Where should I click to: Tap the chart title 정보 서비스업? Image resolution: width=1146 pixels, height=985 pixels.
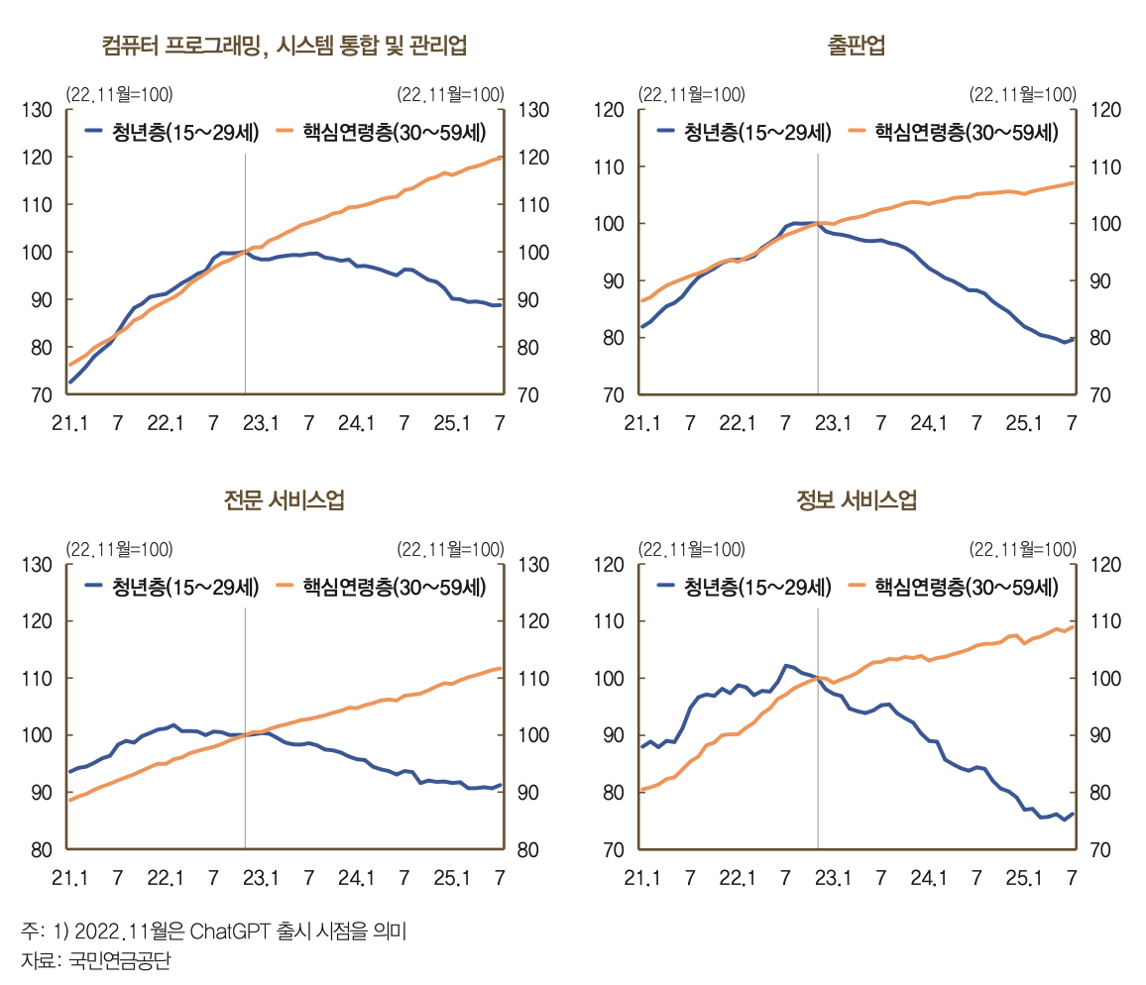click(x=857, y=500)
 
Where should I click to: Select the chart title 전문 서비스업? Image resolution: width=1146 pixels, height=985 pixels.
click(x=285, y=500)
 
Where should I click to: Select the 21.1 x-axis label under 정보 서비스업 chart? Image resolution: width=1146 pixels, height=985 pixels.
click(x=641, y=878)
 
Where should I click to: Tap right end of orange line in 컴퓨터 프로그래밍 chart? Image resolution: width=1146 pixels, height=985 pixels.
click(x=502, y=157)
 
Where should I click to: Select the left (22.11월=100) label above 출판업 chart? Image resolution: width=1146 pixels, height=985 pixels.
click(x=691, y=95)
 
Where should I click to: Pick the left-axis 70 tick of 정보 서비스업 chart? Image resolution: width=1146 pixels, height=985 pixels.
click(x=610, y=850)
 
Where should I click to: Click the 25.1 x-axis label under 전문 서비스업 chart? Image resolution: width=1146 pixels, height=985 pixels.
click(x=452, y=878)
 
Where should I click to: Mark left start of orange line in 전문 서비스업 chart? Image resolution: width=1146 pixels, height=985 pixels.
click(x=69, y=800)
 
